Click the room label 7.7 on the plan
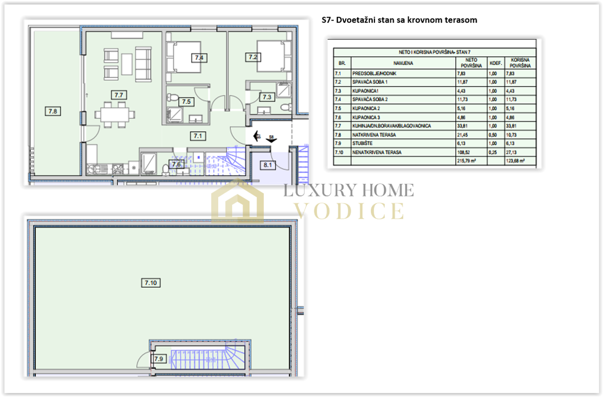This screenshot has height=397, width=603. click(119, 95)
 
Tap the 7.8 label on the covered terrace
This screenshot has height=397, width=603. click(53, 111)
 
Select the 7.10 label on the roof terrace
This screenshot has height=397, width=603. click(151, 283)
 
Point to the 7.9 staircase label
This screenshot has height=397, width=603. click(159, 359)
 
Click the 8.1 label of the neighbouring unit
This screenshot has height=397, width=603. click(267, 165)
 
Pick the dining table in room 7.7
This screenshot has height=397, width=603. click(115, 115)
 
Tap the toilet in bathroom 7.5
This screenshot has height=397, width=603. click(172, 97)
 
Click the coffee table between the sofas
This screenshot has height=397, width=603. click(127, 64)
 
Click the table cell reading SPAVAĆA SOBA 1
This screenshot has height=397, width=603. click(370, 82)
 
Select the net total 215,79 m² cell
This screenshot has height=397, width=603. click(466, 161)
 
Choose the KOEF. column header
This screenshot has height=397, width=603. click(496, 63)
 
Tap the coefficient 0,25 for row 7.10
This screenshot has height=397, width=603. click(492, 152)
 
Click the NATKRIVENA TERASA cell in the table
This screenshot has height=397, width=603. click(374, 135)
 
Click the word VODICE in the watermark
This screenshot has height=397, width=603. click(349, 211)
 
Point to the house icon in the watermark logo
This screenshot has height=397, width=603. click(237, 202)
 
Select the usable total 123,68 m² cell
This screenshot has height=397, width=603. click(515, 161)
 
